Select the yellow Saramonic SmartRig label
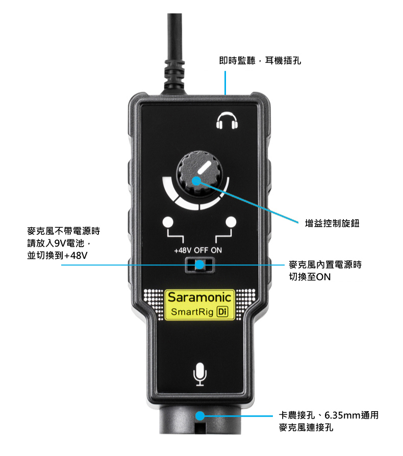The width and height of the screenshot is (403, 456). pos(199,305)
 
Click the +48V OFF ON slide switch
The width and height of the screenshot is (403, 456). pos(200,264)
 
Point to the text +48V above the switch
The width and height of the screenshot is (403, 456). pos(182,251)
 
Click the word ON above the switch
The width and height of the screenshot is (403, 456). pos(216,251)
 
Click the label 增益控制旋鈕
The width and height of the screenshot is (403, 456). pos(332,223)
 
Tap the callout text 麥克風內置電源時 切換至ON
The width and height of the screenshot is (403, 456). pos(325,271)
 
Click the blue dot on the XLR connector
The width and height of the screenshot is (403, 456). pos(200,416)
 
